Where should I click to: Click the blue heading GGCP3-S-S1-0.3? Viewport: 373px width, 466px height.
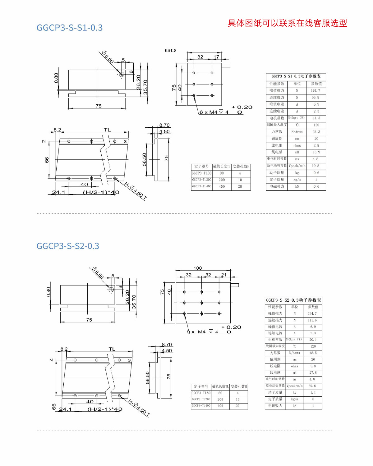[70, 28]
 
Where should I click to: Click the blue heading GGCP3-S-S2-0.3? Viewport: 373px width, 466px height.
[68, 246]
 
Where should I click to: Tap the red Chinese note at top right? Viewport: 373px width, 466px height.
[287, 23]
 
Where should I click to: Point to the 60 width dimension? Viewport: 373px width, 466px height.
[170, 50]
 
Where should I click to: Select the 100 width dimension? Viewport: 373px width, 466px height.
[198, 268]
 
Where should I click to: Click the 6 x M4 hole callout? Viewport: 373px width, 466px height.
[214, 112]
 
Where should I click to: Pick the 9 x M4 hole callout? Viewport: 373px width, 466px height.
[202, 332]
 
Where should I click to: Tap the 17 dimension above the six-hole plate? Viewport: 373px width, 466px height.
[216, 57]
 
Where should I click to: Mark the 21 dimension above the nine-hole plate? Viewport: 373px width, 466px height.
[224, 275]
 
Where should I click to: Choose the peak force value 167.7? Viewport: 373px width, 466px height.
[315, 91]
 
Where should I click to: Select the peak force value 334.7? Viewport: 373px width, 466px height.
[312, 314]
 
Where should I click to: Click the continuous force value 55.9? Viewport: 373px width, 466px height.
[315, 98]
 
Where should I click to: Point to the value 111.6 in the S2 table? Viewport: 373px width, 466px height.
[312, 320]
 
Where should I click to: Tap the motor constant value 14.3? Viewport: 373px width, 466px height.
[316, 118]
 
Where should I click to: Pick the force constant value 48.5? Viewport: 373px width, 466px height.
[313, 353]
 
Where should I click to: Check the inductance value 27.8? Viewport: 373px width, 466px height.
[313, 372]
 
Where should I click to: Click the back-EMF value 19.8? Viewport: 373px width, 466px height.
[315, 166]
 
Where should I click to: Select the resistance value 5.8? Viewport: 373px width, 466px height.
[313, 366]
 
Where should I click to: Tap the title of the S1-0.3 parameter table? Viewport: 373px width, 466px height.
[296, 76]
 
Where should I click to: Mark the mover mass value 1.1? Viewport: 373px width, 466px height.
[313, 393]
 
